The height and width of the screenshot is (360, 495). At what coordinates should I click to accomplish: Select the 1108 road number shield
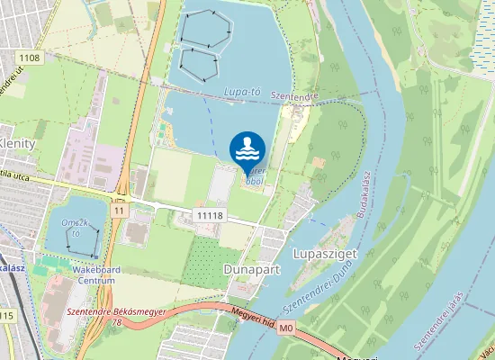(x=29, y=58)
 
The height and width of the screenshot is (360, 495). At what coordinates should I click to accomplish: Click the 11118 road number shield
(x=209, y=215)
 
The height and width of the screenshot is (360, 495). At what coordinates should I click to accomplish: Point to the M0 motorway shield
(x=286, y=329)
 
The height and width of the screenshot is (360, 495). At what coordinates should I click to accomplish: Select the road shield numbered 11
(x=119, y=210)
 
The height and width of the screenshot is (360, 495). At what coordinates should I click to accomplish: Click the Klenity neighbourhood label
(x=17, y=143)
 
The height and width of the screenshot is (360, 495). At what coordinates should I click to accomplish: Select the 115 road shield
(x=6, y=316)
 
